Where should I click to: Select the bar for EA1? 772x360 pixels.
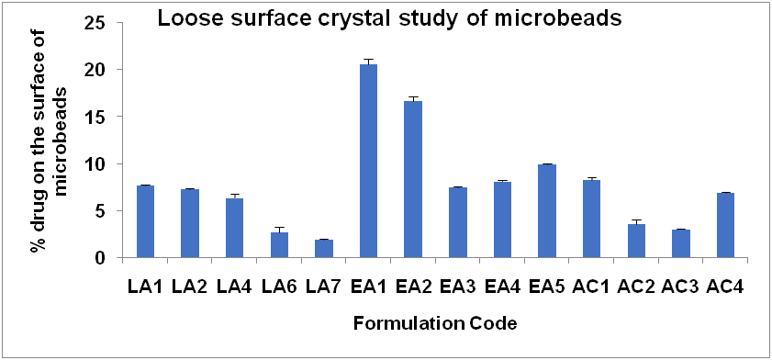coord(368,161)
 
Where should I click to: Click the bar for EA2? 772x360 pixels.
coord(413,179)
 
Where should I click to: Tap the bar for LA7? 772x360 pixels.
coord(324,249)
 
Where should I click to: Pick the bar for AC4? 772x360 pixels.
coord(725,225)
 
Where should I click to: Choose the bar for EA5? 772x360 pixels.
coord(547,211)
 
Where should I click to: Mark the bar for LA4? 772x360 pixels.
coord(234,228)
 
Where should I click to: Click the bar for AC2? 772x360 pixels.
coord(636,241)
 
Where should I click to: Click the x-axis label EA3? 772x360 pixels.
coord(457,287)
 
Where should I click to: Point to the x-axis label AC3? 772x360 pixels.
coord(680,287)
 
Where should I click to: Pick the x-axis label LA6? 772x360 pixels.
coord(279,287)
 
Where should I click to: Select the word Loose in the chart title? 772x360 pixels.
coord(180,18)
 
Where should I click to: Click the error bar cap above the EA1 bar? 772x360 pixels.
coord(368,59)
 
